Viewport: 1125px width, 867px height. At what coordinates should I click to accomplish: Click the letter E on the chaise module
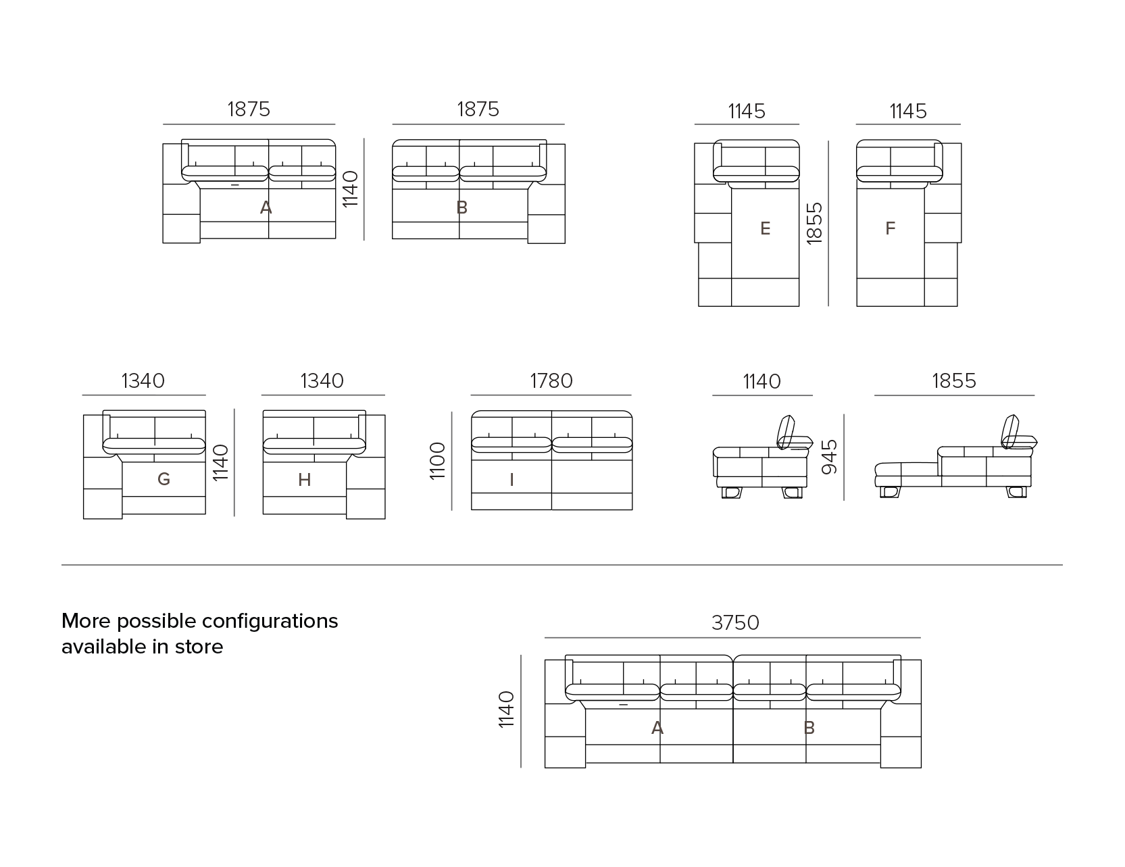(x=765, y=229)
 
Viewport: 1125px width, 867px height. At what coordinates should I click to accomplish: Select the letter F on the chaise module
(x=890, y=229)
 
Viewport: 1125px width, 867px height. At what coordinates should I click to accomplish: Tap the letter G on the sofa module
(x=164, y=480)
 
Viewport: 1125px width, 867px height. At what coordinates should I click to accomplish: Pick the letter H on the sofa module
(x=305, y=480)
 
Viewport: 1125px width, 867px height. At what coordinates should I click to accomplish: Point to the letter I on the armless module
(x=511, y=480)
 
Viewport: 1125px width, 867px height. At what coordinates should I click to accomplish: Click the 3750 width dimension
(x=735, y=622)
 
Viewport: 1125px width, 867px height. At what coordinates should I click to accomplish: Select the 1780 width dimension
(x=551, y=381)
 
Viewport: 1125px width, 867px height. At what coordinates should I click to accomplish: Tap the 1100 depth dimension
(x=438, y=461)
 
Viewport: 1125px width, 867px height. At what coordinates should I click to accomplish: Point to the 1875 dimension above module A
(x=249, y=109)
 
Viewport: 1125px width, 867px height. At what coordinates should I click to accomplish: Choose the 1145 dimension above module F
(x=908, y=112)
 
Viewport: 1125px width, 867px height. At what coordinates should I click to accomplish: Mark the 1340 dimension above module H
(x=322, y=381)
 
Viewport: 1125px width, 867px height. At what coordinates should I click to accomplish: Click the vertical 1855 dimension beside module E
(x=815, y=223)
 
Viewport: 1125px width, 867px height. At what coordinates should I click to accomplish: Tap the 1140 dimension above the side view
(x=762, y=382)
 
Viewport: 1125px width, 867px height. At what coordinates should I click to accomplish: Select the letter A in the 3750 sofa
(x=657, y=728)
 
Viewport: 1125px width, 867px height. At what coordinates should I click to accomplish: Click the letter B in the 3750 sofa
(x=809, y=728)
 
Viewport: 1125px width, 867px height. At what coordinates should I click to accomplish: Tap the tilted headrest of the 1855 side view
(x=1011, y=431)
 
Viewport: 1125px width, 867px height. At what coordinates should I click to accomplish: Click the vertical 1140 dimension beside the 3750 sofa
(x=506, y=710)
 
